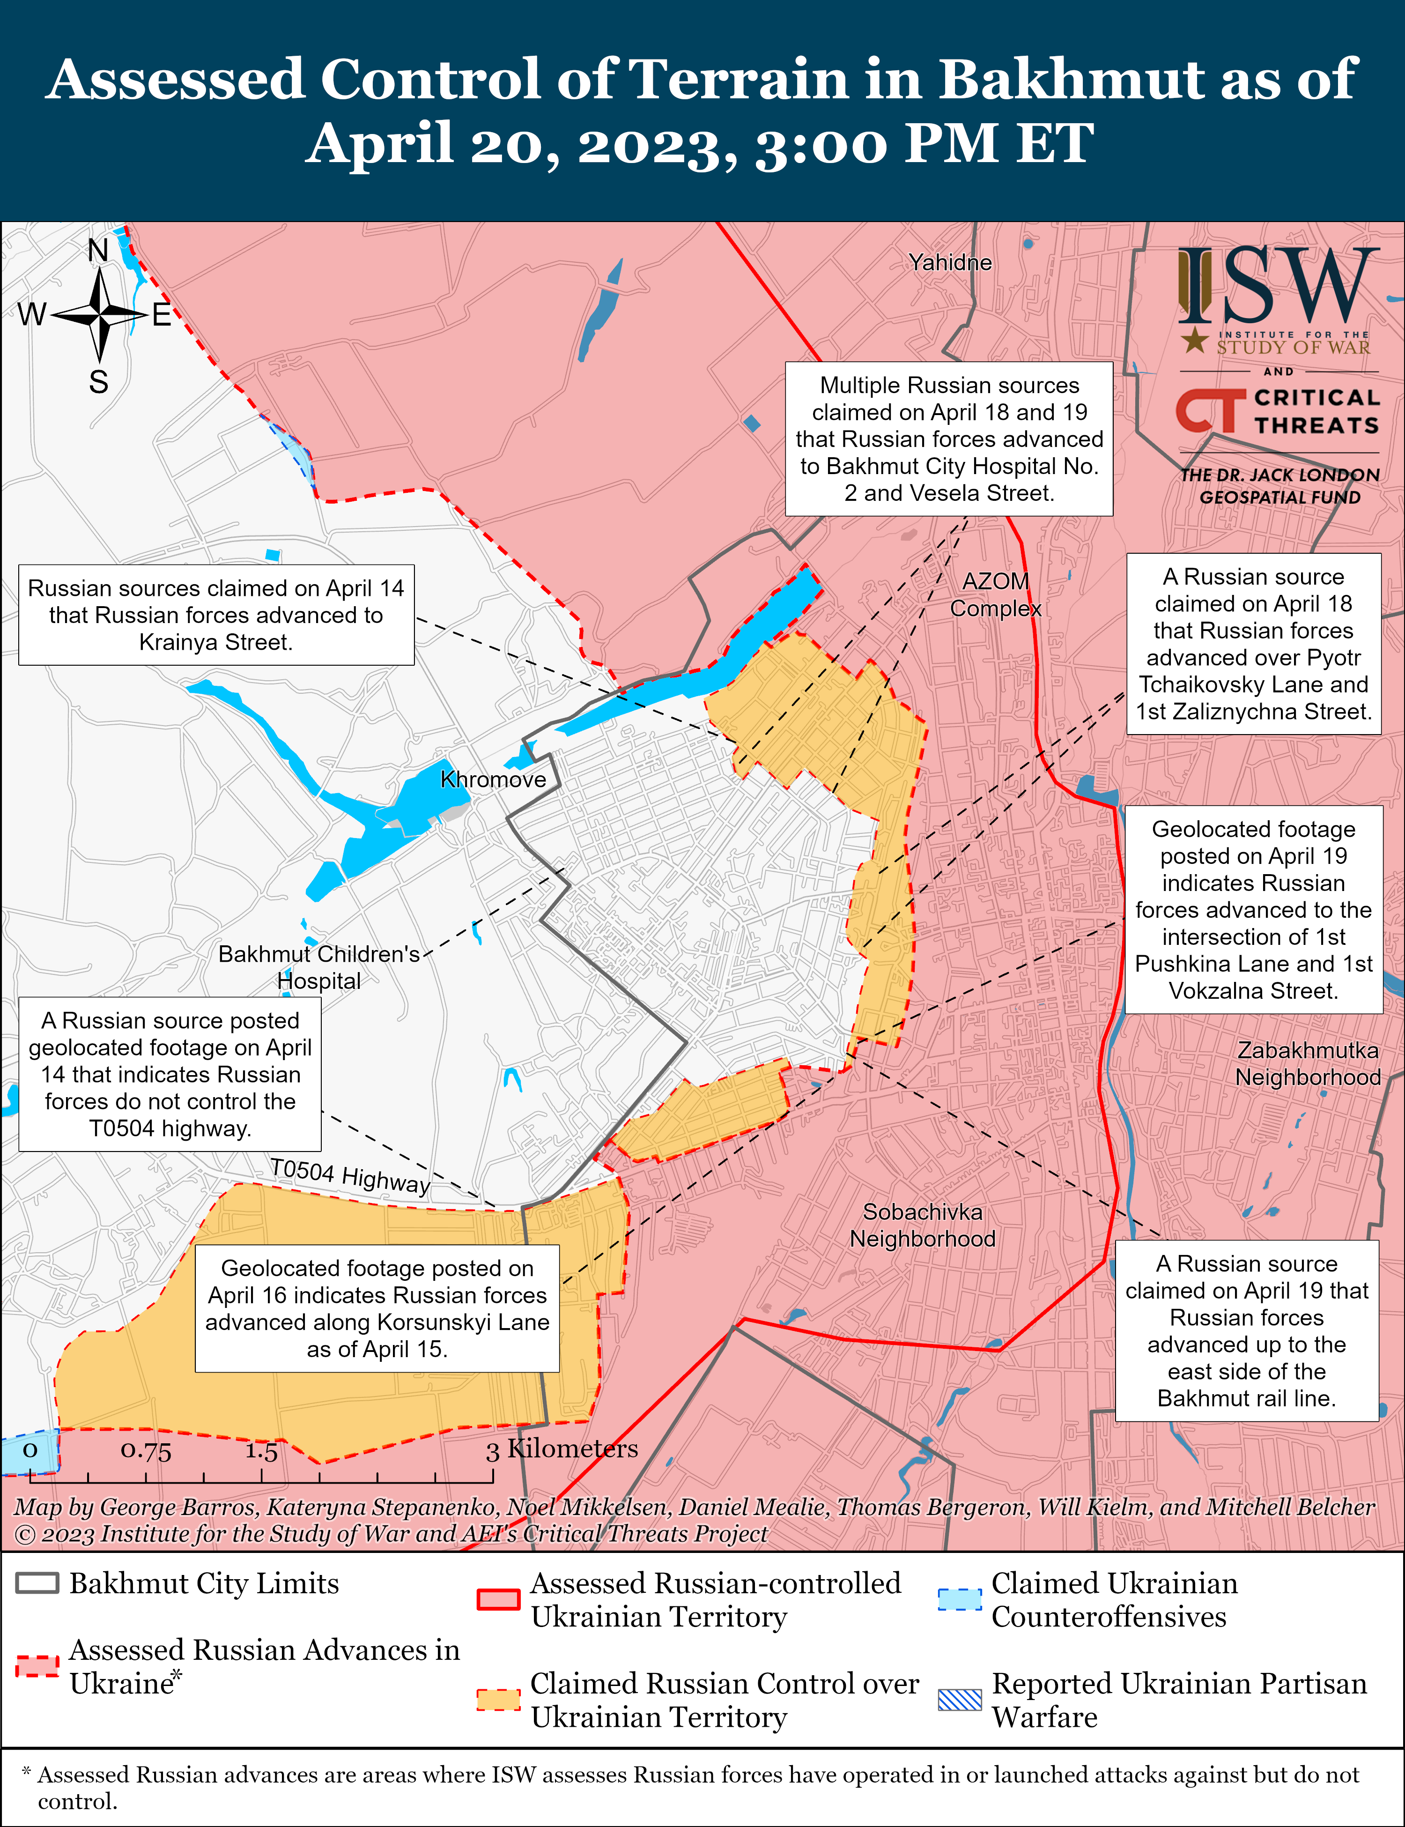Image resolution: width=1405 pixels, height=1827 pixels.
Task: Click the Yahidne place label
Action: click(950, 263)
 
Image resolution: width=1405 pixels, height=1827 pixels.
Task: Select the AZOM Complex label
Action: click(995, 595)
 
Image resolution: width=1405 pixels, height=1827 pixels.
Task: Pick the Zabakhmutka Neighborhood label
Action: click(1308, 1063)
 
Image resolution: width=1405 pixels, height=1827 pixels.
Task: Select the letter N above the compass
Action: click(99, 250)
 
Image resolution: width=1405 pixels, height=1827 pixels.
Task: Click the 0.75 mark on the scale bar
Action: click(146, 1450)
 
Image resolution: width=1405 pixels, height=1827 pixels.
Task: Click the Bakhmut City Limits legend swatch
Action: click(37, 1583)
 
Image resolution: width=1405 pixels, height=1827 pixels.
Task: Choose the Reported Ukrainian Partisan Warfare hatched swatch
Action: click(959, 1699)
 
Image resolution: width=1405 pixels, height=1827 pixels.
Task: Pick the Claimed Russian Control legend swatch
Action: click(498, 1699)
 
